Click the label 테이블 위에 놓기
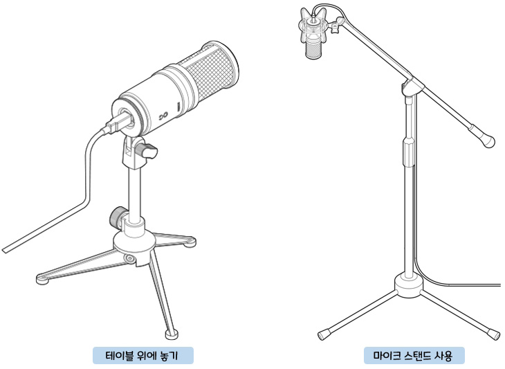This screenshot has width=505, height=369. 143,356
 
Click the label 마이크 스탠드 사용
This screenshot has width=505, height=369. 414,356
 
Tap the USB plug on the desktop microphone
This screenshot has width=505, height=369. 118,122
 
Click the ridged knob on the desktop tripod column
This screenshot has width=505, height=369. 117,217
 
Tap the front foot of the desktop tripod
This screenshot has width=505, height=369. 172,334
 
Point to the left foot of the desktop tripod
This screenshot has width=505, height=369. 42,279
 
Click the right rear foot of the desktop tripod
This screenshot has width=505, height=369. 190,242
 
